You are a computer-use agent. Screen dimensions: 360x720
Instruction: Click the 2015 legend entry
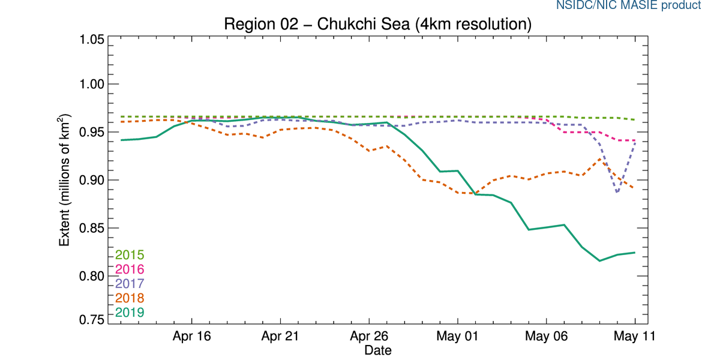(130, 255)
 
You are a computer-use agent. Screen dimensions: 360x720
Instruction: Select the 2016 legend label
(130, 269)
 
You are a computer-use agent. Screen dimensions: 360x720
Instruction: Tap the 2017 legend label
(130, 283)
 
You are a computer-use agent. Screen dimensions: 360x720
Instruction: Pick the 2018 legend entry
(130, 298)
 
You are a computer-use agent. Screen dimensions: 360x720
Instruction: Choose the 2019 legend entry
(130, 312)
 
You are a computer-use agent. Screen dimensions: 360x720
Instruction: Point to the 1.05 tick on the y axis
(92, 40)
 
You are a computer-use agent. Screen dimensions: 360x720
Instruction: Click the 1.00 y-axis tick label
(92, 84)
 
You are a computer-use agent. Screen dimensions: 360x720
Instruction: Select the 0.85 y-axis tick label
(92, 228)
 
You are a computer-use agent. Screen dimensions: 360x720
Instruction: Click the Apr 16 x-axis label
(192, 337)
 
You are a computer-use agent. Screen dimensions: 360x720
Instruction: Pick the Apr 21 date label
(281, 337)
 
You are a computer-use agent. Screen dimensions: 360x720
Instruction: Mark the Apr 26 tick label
(369, 337)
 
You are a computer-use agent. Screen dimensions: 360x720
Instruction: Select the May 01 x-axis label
(457, 337)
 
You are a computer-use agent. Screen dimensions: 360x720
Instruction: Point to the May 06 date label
(546, 337)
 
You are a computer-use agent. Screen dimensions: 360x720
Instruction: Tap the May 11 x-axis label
(634, 337)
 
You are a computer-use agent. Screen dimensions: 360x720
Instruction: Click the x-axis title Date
(378, 350)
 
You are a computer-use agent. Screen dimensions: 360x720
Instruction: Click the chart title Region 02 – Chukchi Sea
(377, 25)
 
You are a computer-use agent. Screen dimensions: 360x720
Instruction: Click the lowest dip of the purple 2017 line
(617, 193)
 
